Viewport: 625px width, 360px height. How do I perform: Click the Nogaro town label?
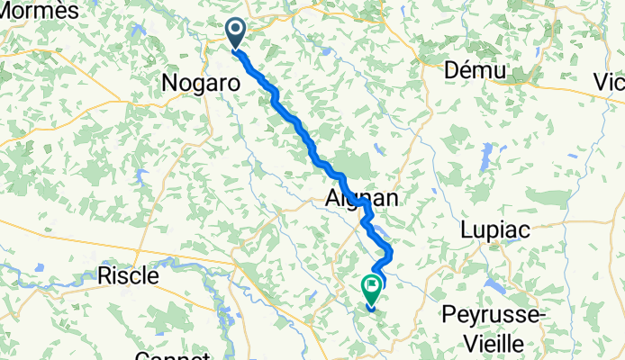coord(200,83)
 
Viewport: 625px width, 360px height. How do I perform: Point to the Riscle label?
coord(128,274)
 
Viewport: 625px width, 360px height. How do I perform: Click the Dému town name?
coord(476,71)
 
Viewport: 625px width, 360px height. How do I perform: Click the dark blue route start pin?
coord(236,33)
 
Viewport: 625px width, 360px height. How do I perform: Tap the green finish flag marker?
coord(372,289)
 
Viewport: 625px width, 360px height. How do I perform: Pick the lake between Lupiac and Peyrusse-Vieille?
coord(494,287)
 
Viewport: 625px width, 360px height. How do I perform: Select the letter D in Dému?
coord(453,71)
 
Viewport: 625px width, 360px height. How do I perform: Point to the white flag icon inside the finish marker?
coord(372,286)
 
